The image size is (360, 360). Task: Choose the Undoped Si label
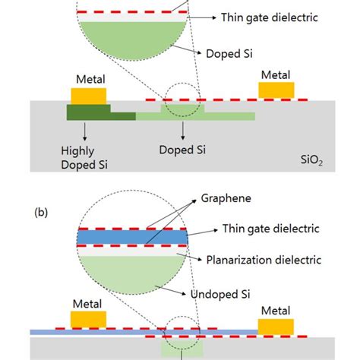(x=242, y=293)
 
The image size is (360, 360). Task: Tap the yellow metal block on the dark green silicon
(x=88, y=95)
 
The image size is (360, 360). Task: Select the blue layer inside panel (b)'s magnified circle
(x=132, y=237)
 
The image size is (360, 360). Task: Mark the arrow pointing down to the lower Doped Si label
(x=181, y=131)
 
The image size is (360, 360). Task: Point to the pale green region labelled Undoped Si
(x=133, y=274)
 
